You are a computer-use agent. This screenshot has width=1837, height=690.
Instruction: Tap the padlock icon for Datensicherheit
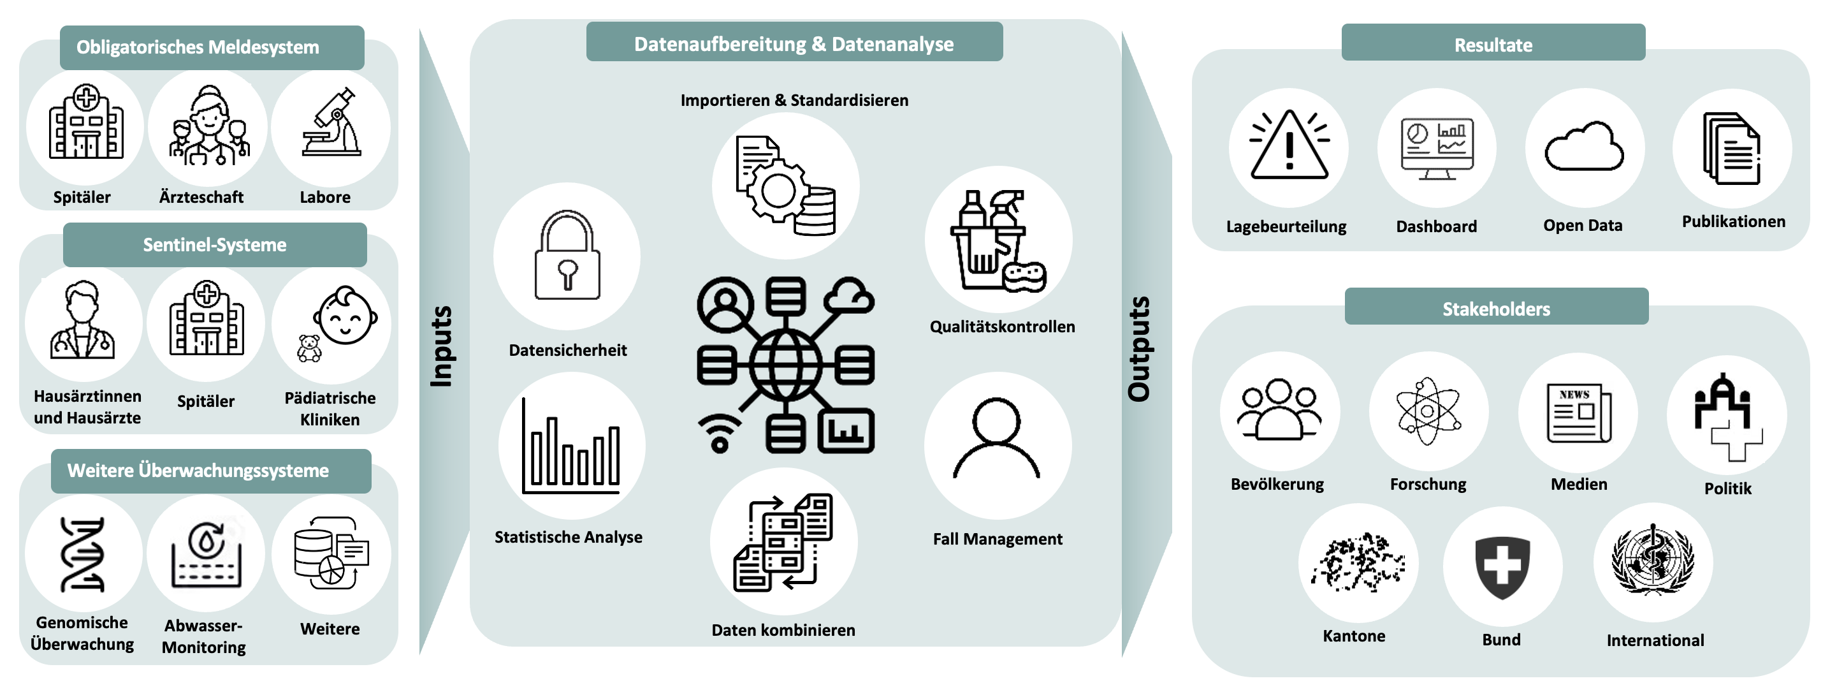(x=568, y=256)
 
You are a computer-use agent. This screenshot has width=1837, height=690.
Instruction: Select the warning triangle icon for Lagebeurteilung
(x=1289, y=146)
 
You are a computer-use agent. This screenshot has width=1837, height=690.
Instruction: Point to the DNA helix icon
(x=83, y=554)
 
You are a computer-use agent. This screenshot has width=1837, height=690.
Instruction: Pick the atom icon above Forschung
(x=1428, y=412)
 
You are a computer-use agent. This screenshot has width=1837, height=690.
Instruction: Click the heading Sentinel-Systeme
(x=215, y=245)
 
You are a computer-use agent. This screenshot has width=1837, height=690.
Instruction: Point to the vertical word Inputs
(x=442, y=347)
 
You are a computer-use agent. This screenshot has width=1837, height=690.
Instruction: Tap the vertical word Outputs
(x=1139, y=349)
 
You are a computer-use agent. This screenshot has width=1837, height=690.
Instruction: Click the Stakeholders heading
(x=1496, y=309)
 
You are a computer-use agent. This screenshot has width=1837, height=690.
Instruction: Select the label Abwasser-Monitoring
(x=204, y=636)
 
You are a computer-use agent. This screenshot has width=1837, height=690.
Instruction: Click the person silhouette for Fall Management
(x=996, y=439)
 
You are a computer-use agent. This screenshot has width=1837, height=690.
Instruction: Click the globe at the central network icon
(x=785, y=365)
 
